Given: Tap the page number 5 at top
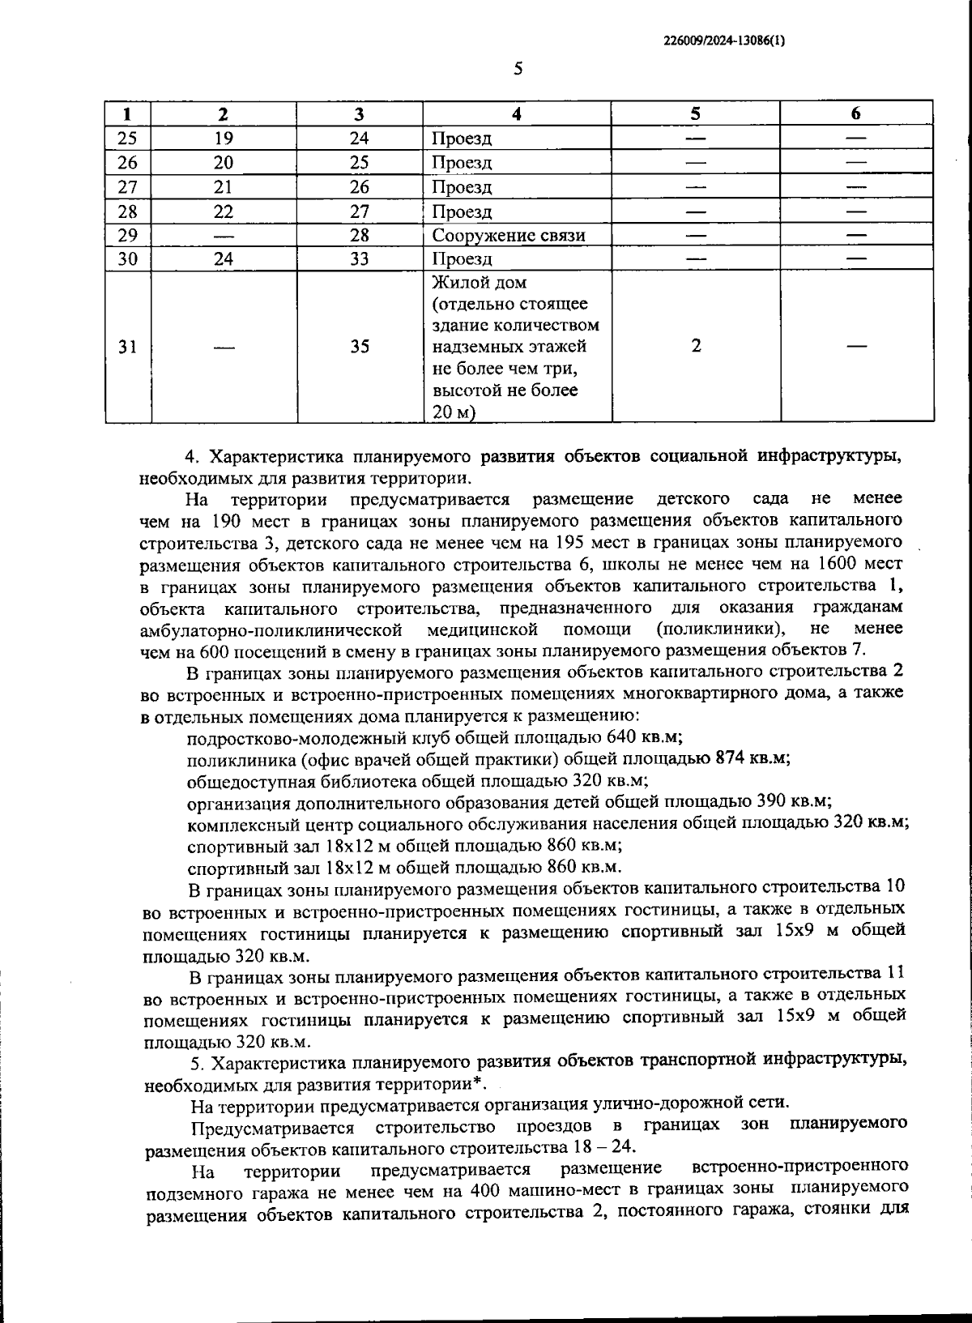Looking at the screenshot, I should [518, 69].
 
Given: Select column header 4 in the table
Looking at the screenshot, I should [516, 114].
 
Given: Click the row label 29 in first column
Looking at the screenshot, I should [128, 235].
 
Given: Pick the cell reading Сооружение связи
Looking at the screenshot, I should [508, 236].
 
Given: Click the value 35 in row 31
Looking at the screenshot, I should [360, 347].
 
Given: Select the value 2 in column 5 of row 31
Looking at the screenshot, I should [696, 345].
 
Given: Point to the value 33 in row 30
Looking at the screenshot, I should [360, 259].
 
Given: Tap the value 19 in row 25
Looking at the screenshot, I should [224, 139].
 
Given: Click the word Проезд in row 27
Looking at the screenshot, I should [461, 188].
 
